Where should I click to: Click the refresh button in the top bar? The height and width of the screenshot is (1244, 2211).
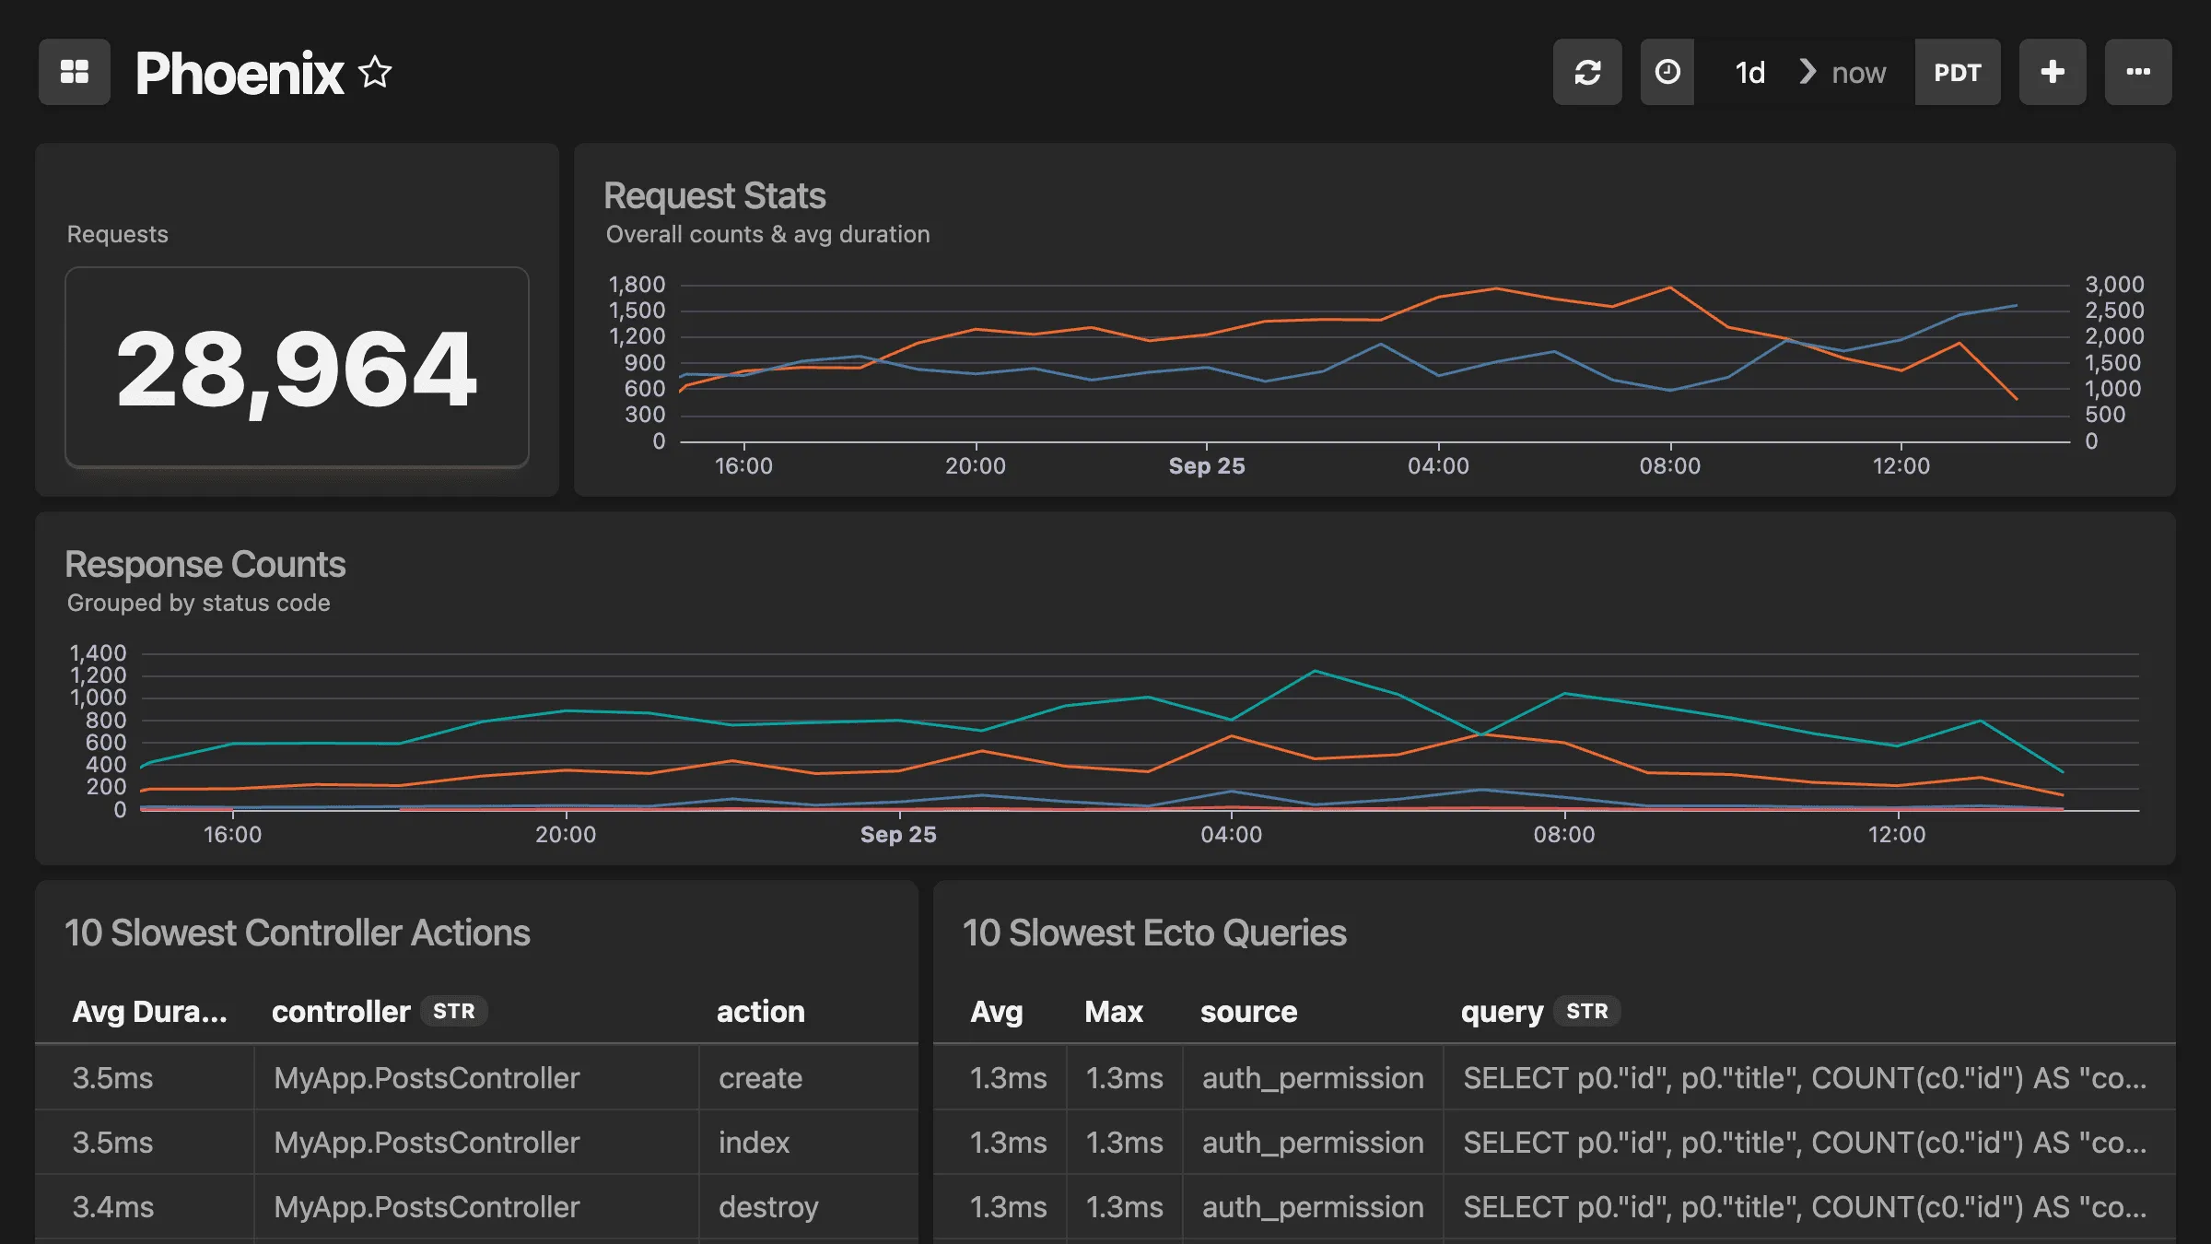pyautogui.click(x=1586, y=72)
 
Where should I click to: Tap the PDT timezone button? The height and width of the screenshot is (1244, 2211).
pyautogui.click(x=1957, y=72)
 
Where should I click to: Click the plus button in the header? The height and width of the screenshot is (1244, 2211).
pyautogui.click(x=2052, y=72)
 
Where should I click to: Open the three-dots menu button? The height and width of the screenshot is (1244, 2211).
pyautogui.click(x=2137, y=72)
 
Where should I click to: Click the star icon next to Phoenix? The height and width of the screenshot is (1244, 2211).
pyautogui.click(x=375, y=72)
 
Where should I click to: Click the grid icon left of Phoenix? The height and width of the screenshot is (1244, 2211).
pyautogui.click(x=75, y=72)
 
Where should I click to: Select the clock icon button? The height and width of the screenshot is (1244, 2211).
pyautogui.click(x=1667, y=72)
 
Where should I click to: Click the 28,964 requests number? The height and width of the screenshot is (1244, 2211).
pyautogui.click(x=297, y=369)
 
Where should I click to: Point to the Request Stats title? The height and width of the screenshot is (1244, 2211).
pyautogui.click(x=714, y=195)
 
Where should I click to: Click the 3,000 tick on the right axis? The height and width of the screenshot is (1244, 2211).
pyautogui.click(x=2114, y=285)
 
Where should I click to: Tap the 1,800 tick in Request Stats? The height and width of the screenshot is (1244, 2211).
pyautogui.click(x=637, y=285)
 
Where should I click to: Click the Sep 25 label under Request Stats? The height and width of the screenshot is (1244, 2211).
pyautogui.click(x=1206, y=466)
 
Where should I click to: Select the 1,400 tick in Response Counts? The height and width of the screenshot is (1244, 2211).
pyautogui.click(x=98, y=653)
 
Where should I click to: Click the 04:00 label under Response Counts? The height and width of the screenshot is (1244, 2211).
pyautogui.click(x=1231, y=835)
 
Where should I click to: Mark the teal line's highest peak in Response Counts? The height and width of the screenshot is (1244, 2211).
pyautogui.click(x=1316, y=671)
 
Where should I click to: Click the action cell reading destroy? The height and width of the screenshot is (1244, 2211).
pyautogui.click(x=768, y=1207)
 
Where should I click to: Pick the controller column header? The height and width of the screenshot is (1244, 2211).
pyautogui.click(x=341, y=1012)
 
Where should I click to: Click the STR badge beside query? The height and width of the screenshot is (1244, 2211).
pyautogui.click(x=1586, y=1012)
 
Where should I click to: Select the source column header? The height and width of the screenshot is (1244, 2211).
pyautogui.click(x=1248, y=1012)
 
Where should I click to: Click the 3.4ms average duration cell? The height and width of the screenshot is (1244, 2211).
pyautogui.click(x=113, y=1207)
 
